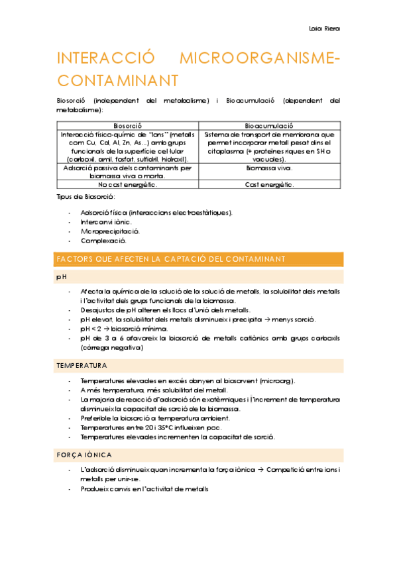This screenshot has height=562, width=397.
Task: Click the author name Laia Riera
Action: pos(324,28)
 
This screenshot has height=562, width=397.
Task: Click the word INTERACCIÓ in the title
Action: pos(107,59)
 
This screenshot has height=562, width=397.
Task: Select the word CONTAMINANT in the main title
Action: pos(118,80)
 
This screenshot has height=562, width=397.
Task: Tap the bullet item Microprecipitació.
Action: pos(110,231)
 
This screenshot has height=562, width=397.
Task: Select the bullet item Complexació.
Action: pos(104,241)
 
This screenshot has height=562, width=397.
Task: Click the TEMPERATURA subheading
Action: pos(82,366)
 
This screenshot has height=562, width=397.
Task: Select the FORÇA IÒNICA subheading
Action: pos(84,455)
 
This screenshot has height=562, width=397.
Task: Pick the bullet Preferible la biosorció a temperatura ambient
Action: pos(155,418)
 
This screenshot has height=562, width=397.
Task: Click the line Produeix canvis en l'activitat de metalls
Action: pos(144,489)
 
